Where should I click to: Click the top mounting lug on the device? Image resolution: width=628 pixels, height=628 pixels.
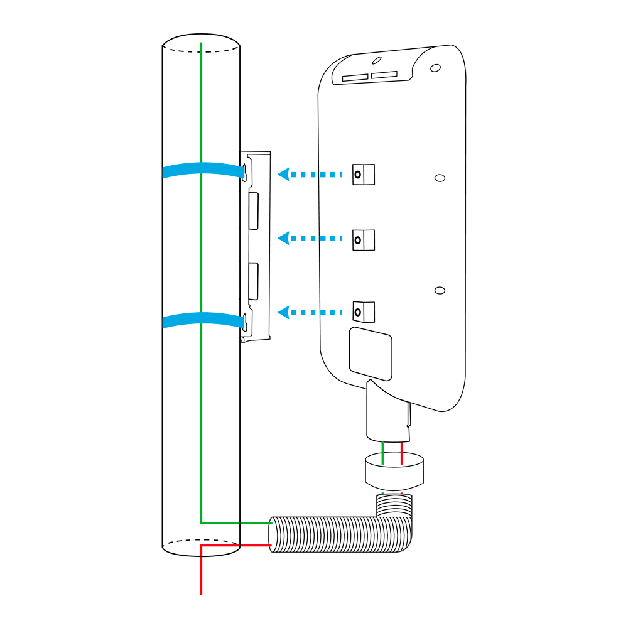(364, 175)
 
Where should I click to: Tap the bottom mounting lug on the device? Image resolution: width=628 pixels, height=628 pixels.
(364, 311)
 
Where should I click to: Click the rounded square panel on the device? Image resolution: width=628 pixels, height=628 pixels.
(371, 354)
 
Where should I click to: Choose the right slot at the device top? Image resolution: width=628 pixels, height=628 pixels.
(384, 75)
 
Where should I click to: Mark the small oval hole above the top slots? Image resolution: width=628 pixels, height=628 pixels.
(376, 61)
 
